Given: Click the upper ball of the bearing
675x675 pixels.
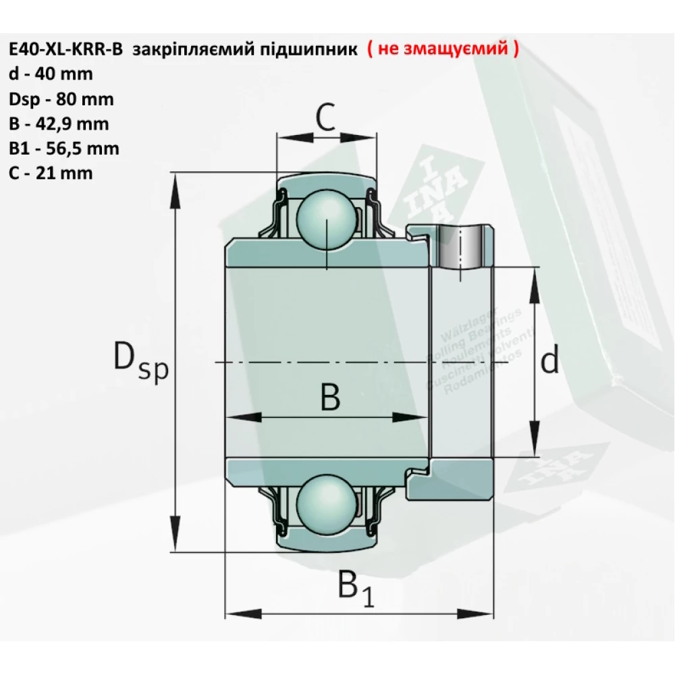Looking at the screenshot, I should point(326,217).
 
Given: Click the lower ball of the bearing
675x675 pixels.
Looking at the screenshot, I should point(326,500).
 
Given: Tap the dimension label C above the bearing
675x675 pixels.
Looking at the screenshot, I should point(325,119).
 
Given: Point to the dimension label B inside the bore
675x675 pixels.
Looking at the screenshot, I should point(329,398).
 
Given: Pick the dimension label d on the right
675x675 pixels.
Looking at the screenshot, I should point(550,362).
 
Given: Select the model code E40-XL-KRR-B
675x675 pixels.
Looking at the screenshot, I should point(65,50).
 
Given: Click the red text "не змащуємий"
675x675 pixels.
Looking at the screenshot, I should point(443,50).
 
